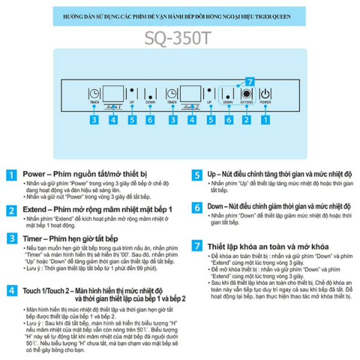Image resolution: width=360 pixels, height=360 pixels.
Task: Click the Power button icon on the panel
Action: [265, 94]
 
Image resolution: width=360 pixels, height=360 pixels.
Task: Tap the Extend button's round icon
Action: [246, 94]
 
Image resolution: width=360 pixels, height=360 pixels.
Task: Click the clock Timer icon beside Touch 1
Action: [94, 94]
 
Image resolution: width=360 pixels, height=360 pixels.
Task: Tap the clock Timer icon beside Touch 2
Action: [172, 94]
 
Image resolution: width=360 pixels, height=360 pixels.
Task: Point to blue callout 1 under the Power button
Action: [265, 119]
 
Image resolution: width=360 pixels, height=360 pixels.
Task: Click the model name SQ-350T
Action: [179, 37]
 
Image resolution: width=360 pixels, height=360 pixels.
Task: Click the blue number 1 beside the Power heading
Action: [11, 175]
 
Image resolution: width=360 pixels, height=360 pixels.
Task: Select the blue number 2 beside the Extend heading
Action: [11, 210]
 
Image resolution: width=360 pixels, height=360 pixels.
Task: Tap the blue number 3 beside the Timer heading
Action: [11, 238]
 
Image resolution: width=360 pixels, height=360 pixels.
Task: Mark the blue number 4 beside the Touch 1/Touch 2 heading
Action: [11, 290]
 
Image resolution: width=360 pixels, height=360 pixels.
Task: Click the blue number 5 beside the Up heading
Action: [197, 175]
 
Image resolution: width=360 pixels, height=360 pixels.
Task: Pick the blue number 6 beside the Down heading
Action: [197, 207]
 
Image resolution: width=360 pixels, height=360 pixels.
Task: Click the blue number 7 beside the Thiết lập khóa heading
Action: [197, 245]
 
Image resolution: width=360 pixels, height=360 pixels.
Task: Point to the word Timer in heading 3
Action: [34, 238]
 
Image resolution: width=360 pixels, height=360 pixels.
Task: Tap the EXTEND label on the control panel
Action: [246, 103]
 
